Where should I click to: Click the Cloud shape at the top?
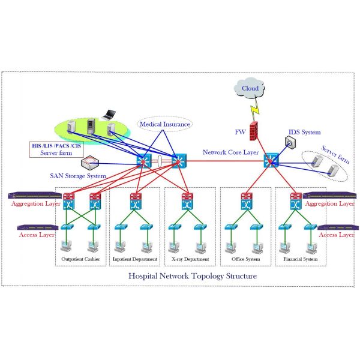(x=250, y=89)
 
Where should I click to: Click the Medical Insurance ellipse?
(x=164, y=125)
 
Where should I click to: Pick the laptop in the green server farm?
(x=110, y=114)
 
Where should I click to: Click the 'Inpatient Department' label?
(x=136, y=260)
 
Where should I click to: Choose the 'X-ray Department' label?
(x=190, y=260)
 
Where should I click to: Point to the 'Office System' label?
(x=245, y=260)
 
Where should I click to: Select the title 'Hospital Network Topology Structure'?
(x=193, y=276)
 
